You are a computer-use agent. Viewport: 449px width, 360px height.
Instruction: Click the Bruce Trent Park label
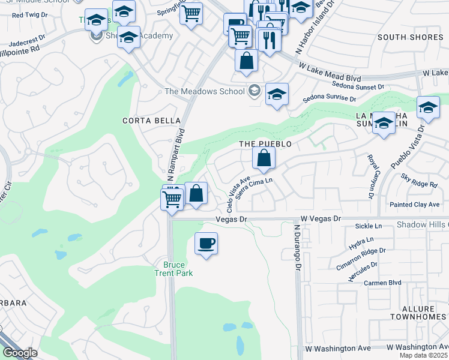(x=174, y=269)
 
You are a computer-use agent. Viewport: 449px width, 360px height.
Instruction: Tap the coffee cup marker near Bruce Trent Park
(x=206, y=243)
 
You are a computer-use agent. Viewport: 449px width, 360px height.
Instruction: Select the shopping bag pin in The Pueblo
(x=264, y=158)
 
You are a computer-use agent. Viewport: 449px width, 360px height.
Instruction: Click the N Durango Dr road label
(x=297, y=246)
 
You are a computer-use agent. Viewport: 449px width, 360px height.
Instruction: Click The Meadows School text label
(x=205, y=91)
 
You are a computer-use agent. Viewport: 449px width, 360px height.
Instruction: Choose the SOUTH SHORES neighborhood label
(x=402, y=37)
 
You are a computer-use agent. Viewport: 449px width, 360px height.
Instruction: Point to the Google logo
(x=19, y=352)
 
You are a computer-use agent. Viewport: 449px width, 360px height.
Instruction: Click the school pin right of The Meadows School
(x=277, y=94)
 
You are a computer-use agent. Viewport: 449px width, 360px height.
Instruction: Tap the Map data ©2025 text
(x=424, y=355)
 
